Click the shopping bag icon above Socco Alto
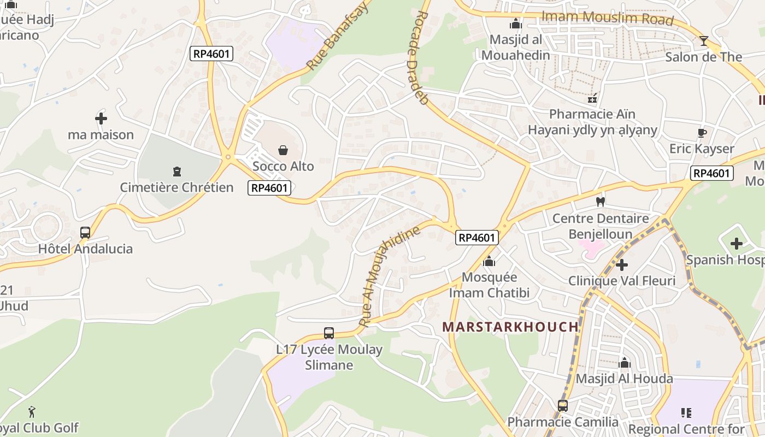click(283, 150)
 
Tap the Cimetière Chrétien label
click(176, 187)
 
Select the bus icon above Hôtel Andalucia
click(85, 233)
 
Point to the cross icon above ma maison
click(101, 118)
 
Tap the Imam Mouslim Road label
click(607, 17)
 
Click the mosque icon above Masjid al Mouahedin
click(515, 24)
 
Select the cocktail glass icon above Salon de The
click(704, 41)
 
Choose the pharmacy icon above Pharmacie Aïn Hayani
click(592, 99)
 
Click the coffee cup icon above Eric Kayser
click(702, 133)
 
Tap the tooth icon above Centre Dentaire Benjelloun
click(600, 202)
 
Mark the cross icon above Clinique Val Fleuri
click(621, 265)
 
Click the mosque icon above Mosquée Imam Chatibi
click(489, 261)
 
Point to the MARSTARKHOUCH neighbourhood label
click(510, 327)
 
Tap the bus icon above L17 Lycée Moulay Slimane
click(329, 333)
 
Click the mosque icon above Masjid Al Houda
click(624, 363)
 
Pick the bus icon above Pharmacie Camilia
click(563, 406)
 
